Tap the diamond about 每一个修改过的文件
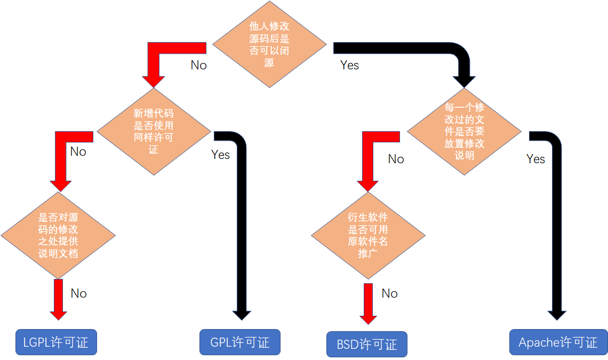pos(464,132)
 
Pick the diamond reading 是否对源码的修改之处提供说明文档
pos(58,235)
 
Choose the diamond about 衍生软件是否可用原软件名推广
pos(368,235)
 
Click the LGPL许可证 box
pos(55,342)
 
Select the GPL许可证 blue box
pos(239,342)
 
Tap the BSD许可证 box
pos(366,344)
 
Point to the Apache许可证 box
pos(558,342)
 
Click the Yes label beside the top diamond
pos(350,65)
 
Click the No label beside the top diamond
pos(198,65)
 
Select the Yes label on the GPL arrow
pos(220,155)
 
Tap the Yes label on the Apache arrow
pos(535,159)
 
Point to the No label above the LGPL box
pos(78,293)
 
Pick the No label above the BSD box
pos(389,293)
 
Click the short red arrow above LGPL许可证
pos(58,299)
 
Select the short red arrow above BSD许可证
pos(368,303)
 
